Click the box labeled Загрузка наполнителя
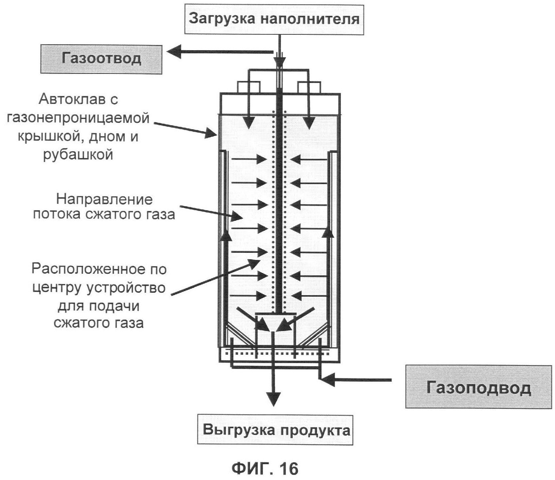pyautogui.click(x=274, y=19)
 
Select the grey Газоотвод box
pyautogui.click(x=101, y=59)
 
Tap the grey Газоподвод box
pyautogui.click(x=478, y=387)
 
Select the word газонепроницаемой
pyautogui.click(x=78, y=118)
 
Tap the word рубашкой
pyautogui.click(x=78, y=154)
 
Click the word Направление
pyautogui.click(x=104, y=199)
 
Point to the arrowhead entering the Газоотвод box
pyautogui.click(x=174, y=51)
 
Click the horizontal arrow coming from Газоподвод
pyautogui.click(x=356, y=380)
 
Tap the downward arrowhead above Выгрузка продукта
pyautogui.click(x=273, y=398)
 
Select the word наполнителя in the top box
pyautogui.click(x=309, y=19)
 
